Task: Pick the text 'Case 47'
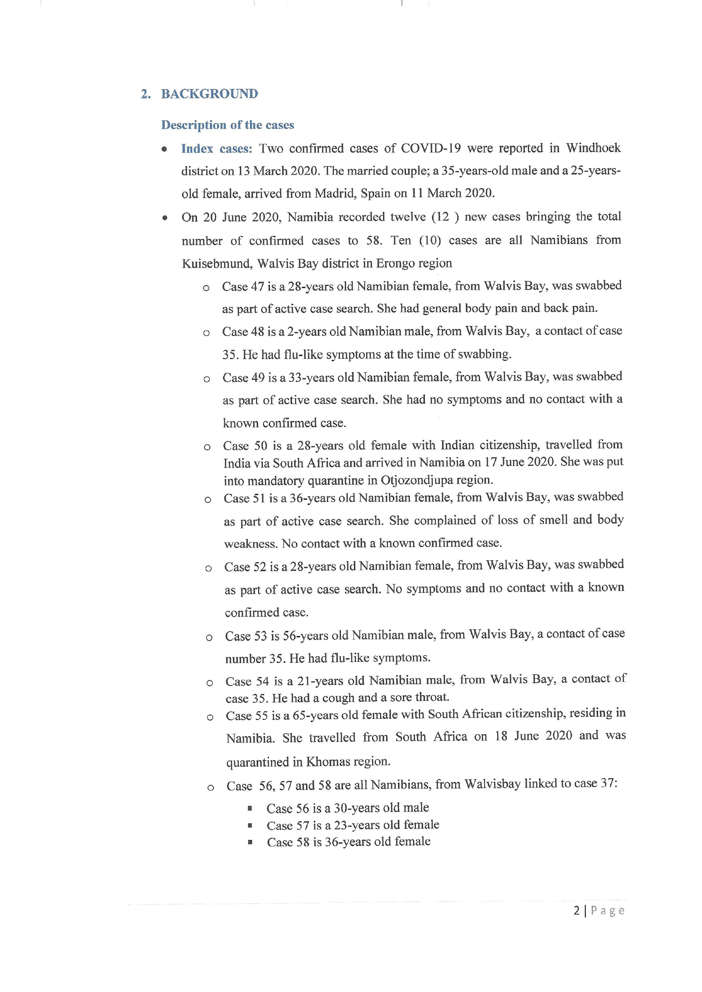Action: click(243, 286)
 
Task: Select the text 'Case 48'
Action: click(243, 331)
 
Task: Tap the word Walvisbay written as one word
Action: click(492, 784)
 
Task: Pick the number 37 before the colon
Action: click(606, 783)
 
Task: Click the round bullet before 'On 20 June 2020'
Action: click(165, 218)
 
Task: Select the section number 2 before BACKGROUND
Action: click(144, 94)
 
